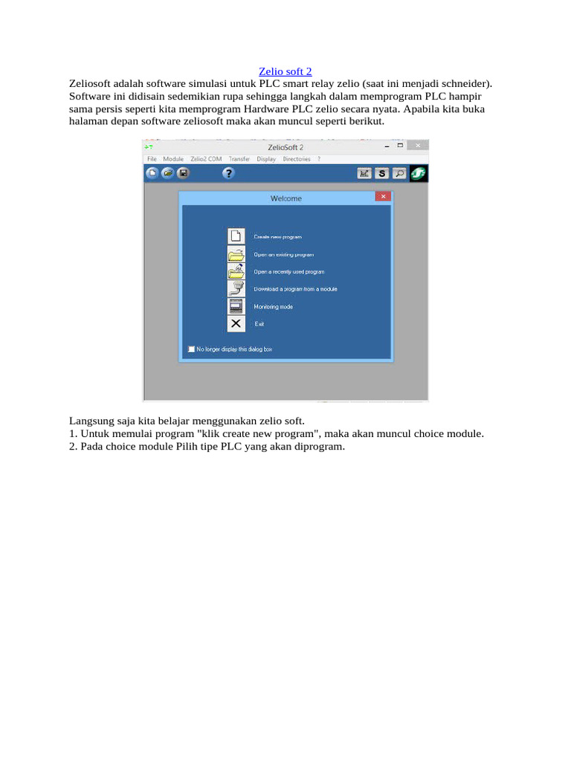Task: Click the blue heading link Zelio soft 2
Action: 285,71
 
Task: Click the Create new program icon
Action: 236,236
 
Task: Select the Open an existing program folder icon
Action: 236,254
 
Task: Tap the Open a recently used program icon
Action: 236,271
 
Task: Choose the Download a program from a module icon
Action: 236,288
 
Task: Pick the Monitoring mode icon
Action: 236,306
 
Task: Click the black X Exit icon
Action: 236,323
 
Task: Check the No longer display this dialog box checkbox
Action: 192,349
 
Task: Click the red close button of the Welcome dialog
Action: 382,197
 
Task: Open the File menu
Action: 152,159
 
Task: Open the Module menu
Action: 173,159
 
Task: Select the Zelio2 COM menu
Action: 206,159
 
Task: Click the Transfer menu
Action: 239,159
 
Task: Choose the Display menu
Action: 266,159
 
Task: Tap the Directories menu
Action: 296,159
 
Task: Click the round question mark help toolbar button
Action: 228,173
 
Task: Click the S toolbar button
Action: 381,173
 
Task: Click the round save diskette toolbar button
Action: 183,173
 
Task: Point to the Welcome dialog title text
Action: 286,198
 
